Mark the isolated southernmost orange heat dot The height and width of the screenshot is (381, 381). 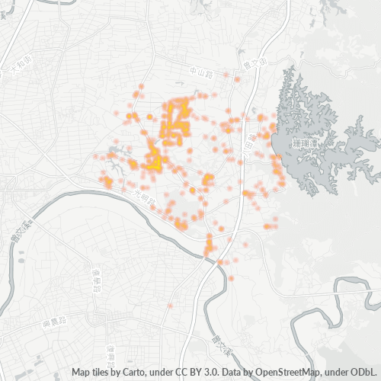click(x=170, y=306)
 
